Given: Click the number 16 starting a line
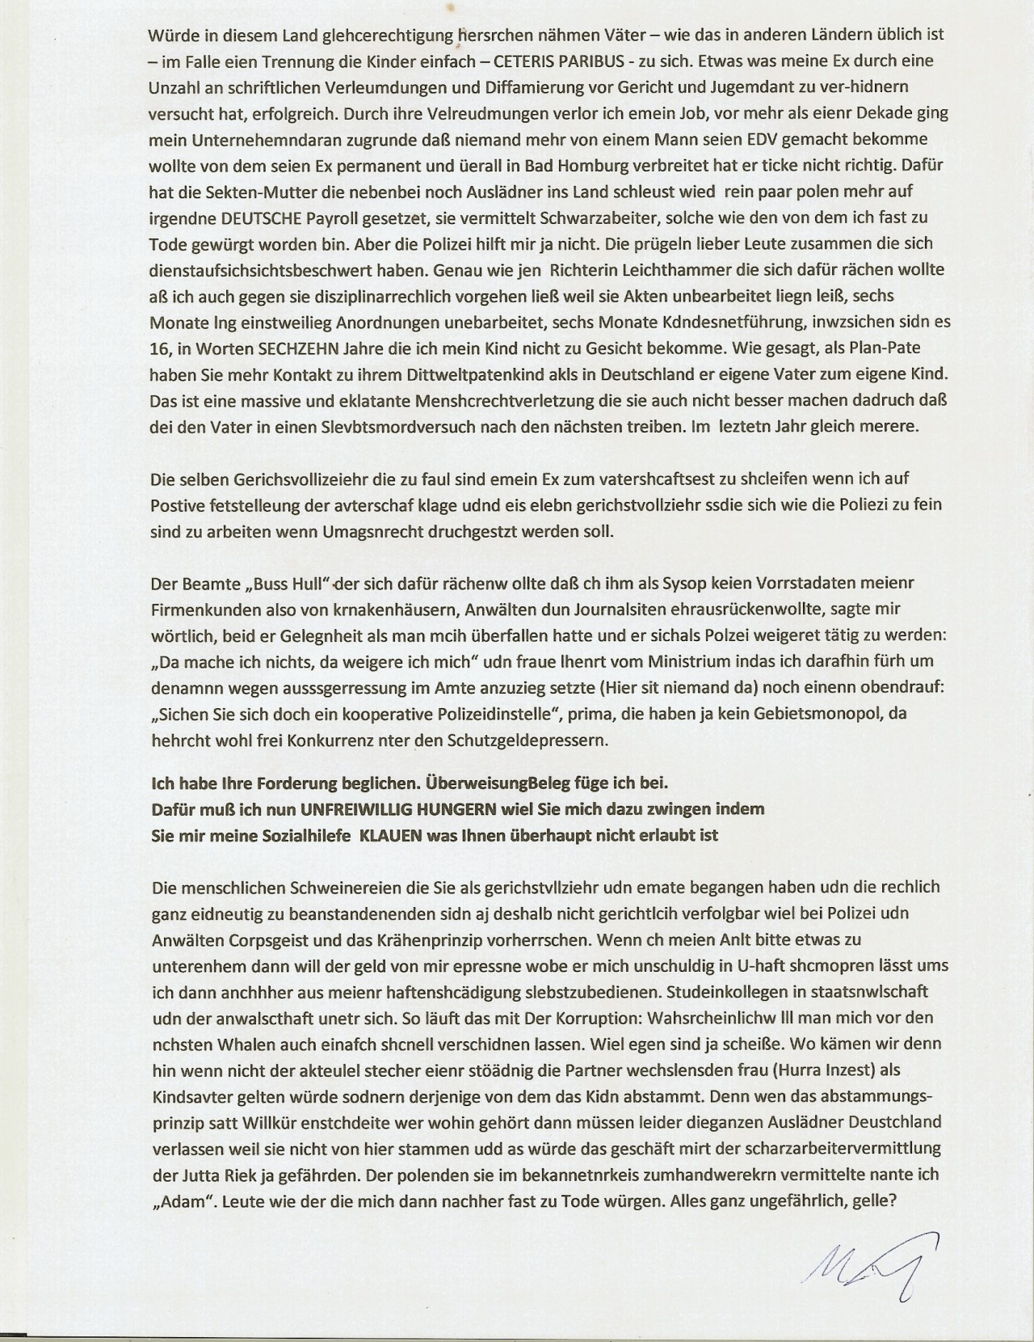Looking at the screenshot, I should (159, 348).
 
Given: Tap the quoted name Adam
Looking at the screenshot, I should (179, 1201).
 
